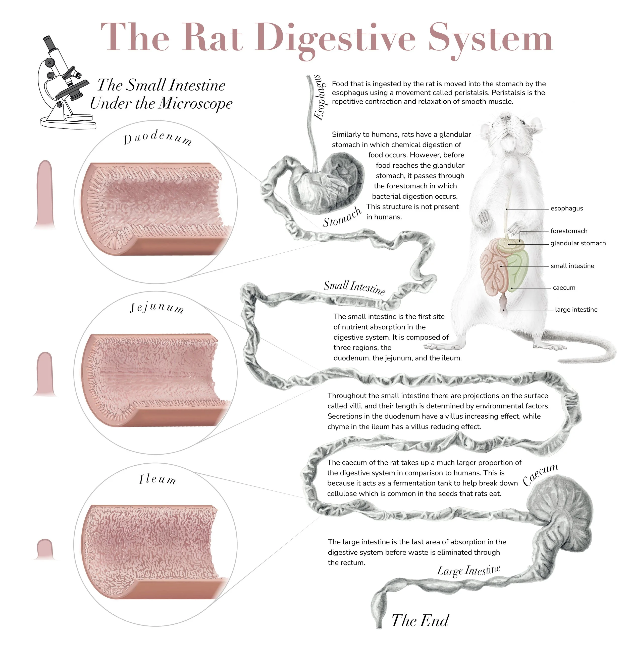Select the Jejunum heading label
pos(156,308)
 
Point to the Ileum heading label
pos(157,479)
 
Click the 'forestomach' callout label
pos(569,231)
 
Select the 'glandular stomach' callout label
pos(578,243)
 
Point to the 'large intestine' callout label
pos(576,310)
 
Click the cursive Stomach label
pos(342,217)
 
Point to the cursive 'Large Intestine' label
pos(468,570)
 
